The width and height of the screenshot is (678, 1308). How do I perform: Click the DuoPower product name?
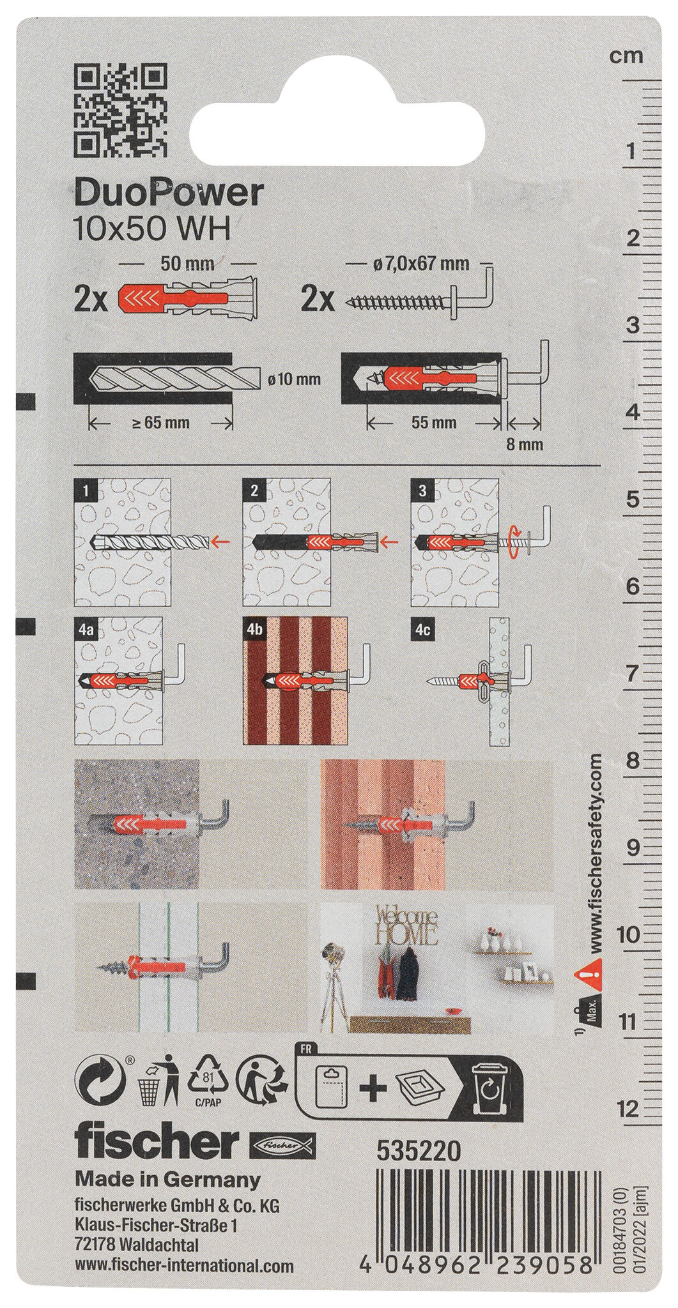169,194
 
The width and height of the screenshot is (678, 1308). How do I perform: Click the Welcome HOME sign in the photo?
406,925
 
